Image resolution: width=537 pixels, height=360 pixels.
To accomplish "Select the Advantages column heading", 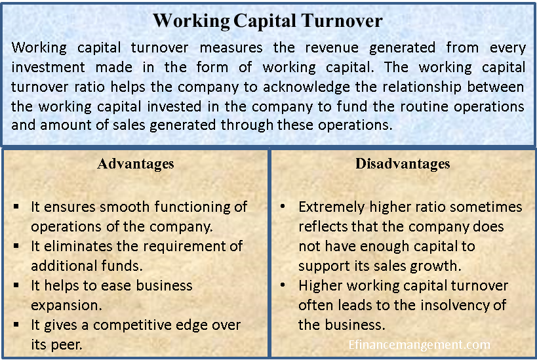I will click(x=136, y=163).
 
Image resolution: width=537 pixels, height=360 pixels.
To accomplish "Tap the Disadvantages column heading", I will click(x=403, y=163).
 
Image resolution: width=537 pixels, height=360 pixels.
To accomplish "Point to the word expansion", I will click(x=63, y=306).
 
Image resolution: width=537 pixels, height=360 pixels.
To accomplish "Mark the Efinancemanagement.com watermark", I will click(x=419, y=344).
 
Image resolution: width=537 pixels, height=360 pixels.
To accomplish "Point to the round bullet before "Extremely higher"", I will click(x=282, y=207).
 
